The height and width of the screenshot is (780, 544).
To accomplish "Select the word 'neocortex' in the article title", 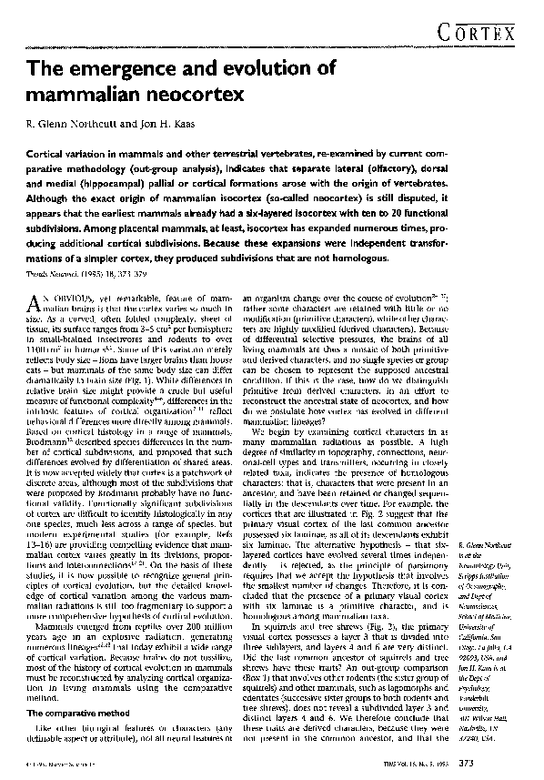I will pos(196,93).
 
